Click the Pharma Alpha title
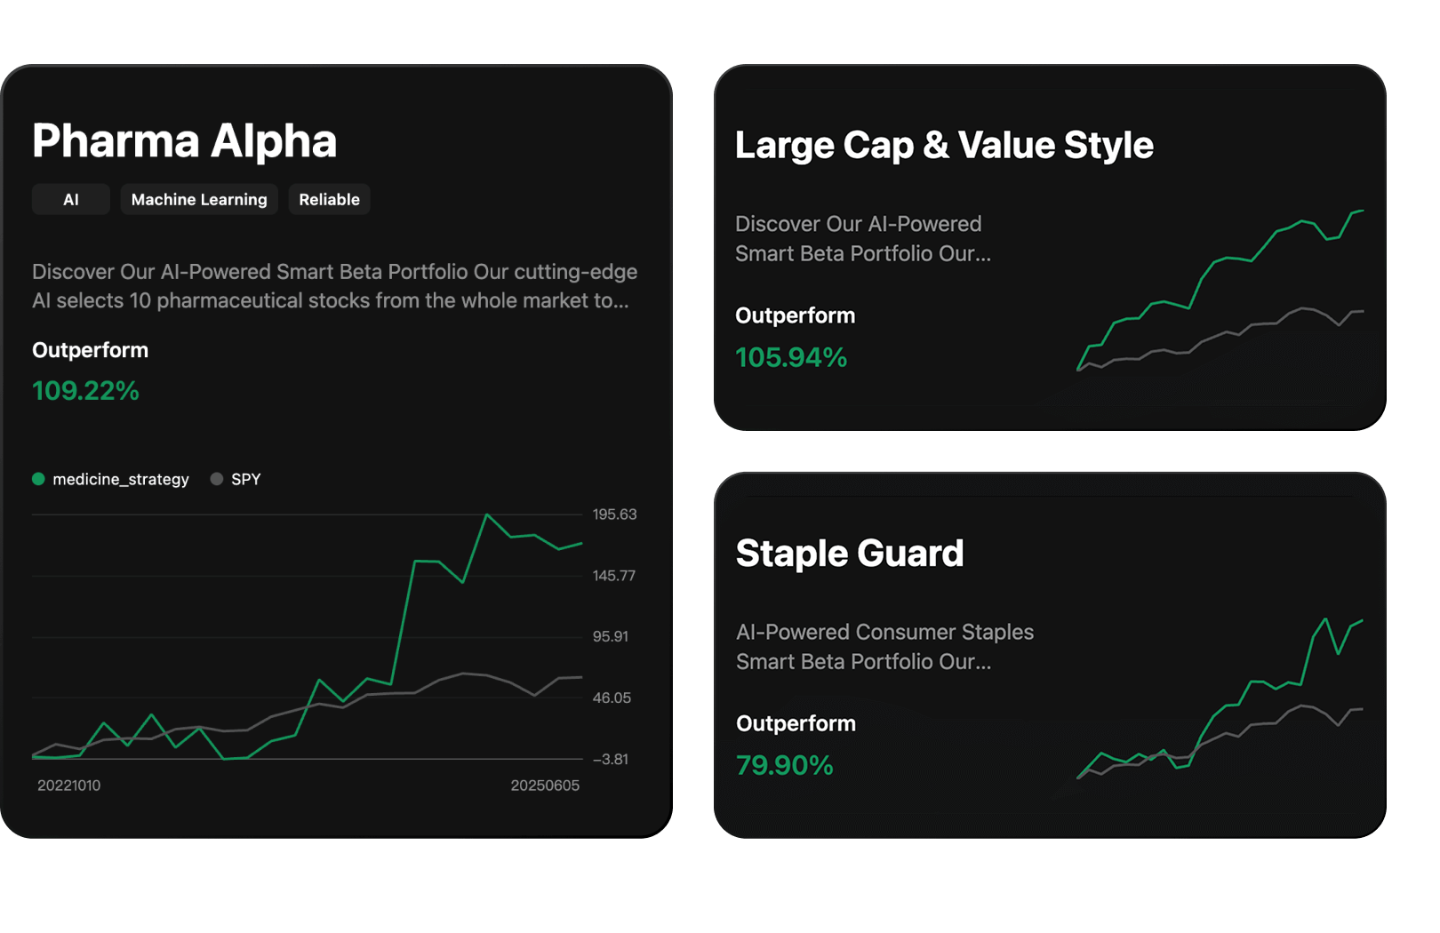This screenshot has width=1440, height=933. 184,140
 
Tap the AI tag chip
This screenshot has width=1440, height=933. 70,200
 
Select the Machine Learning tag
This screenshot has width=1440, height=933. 199,200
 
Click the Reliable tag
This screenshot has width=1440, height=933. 329,200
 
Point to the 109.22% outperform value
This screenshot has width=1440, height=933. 85,391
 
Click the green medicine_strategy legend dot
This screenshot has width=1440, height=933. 38,479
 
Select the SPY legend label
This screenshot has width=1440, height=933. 245,479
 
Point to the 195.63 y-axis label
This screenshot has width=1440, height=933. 614,514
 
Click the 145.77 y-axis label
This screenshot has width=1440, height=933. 614,576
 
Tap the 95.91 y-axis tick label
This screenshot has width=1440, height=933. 611,636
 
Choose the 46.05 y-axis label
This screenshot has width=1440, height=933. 612,698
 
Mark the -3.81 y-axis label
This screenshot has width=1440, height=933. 611,759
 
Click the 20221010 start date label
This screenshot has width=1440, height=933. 68,785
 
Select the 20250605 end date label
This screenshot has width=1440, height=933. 544,785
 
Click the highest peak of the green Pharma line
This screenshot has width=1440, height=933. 486,514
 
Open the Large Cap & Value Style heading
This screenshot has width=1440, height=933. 944,145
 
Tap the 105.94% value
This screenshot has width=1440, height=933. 791,357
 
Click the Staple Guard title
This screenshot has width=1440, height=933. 849,553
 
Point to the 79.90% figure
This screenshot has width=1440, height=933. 784,765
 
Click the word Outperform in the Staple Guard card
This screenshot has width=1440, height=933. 796,723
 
